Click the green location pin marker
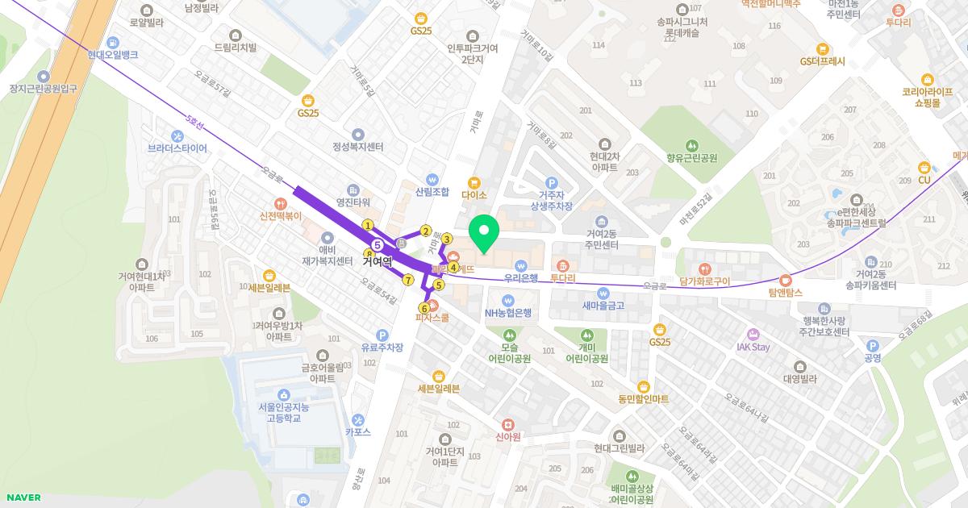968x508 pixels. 484,234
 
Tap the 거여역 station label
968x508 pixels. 377,261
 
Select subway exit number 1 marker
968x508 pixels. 368,225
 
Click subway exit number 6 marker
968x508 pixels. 424,308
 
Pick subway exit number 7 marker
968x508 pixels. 408,280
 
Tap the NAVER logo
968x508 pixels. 22,498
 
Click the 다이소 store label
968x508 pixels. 474,194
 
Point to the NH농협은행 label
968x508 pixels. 508,313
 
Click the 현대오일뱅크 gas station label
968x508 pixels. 113,55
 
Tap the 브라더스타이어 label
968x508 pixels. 177,148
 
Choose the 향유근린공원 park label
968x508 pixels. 691,158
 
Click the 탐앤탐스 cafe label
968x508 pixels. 786,292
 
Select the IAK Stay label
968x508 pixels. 753,347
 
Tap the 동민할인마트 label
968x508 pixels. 644,398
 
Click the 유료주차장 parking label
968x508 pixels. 382,348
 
